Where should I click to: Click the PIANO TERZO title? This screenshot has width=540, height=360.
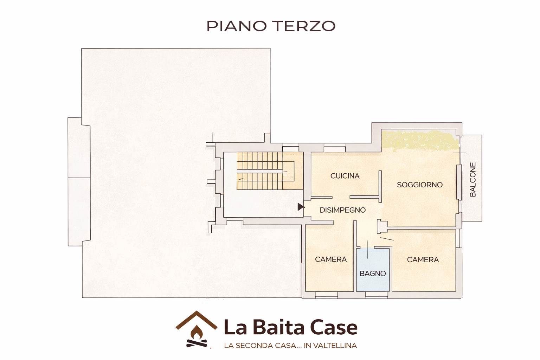(271, 26)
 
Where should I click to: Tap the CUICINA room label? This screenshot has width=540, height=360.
(345, 176)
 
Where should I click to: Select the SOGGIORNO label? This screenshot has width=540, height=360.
(420, 185)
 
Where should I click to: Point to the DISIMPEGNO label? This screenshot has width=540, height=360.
(342, 210)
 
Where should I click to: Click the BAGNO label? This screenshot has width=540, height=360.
(373, 274)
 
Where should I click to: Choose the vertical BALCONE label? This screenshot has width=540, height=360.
(473, 179)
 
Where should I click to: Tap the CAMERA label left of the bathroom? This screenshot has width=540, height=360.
(331, 259)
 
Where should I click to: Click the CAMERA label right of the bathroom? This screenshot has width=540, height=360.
(423, 259)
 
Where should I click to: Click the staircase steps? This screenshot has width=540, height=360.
(260, 171)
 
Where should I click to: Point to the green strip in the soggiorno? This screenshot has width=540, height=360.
(420, 140)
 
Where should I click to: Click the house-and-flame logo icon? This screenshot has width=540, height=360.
(197, 329)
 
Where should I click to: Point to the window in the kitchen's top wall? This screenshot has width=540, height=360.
(335, 148)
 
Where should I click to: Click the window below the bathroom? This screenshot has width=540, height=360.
(376, 295)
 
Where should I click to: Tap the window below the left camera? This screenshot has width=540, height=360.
(326, 295)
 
